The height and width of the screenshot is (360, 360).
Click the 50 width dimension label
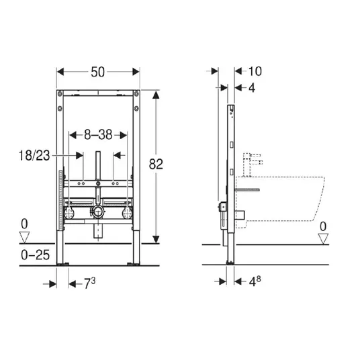point(98,72)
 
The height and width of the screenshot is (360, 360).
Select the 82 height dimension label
point(156,164)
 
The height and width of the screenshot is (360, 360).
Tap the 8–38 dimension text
point(98,135)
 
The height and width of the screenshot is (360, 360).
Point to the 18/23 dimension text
point(34,155)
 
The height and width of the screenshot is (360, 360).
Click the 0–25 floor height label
point(36,255)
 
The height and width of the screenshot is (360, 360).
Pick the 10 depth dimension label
point(255,71)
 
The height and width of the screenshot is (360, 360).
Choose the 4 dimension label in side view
point(252,88)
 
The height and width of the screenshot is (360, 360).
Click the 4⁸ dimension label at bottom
point(255,281)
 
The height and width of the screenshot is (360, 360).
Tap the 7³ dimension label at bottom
point(90,283)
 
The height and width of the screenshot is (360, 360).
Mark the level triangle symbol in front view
point(24,237)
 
